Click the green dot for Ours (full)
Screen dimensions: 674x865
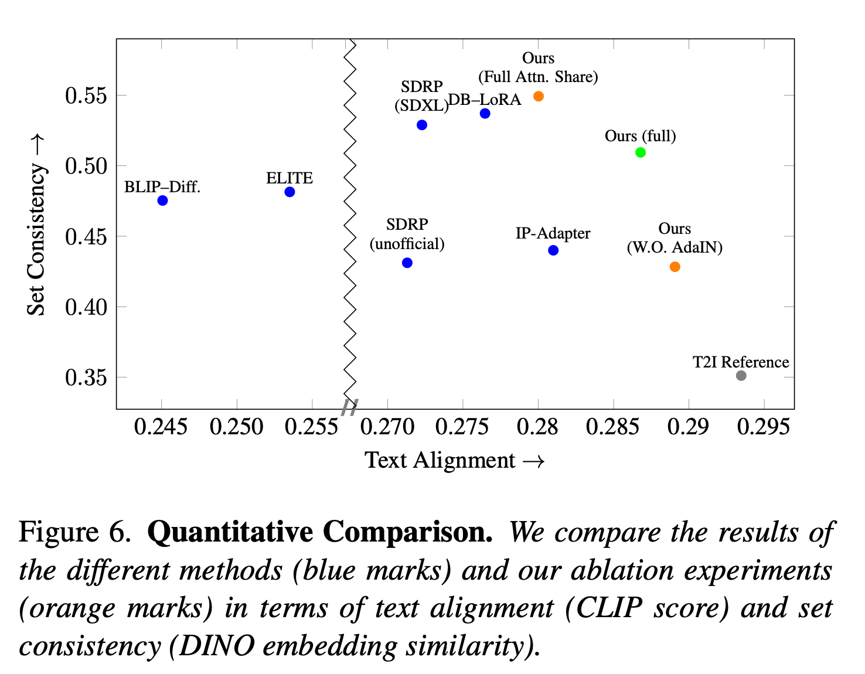(641, 152)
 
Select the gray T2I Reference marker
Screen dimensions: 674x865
(741, 376)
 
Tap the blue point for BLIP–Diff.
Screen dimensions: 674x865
(163, 200)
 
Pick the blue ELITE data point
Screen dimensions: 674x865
(290, 192)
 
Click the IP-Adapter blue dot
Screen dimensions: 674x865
(553, 250)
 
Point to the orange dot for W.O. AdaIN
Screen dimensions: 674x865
(675, 267)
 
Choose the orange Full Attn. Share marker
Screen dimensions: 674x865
(539, 96)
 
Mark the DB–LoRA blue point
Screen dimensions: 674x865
(485, 113)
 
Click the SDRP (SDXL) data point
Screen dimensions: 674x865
(422, 125)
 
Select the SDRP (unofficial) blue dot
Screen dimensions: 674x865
(407, 263)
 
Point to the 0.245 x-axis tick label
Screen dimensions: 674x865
(161, 427)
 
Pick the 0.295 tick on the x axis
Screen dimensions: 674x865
(763, 427)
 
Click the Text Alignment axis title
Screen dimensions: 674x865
(455, 461)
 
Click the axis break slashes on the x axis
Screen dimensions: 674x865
(350, 407)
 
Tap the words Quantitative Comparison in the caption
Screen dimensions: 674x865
(320, 532)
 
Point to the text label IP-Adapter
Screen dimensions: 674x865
(553, 233)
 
